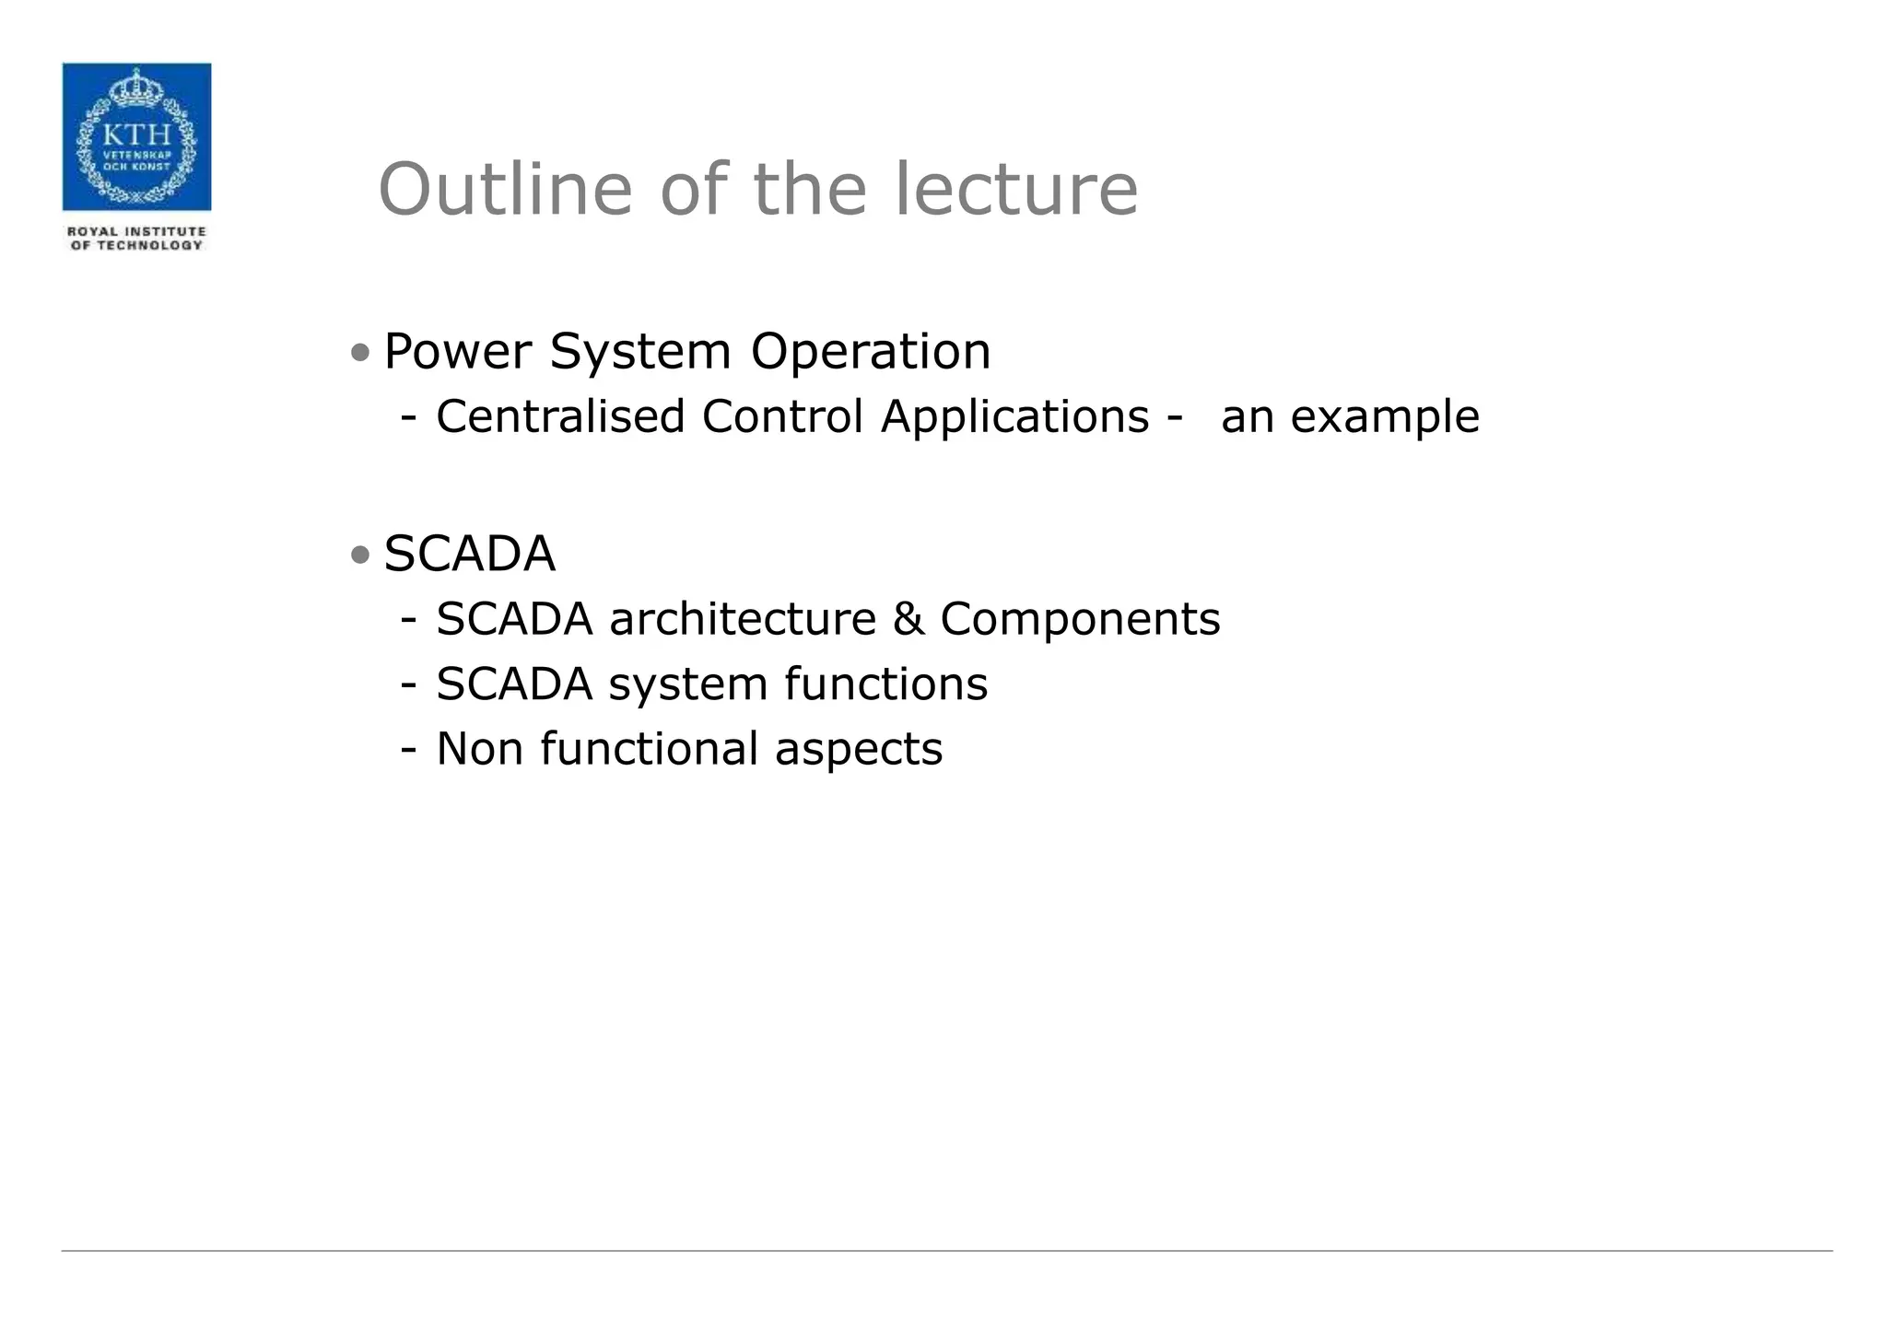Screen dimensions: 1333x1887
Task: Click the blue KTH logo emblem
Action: click(x=136, y=136)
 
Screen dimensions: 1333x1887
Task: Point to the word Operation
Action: click(x=871, y=352)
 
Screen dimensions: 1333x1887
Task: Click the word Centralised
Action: click(x=560, y=416)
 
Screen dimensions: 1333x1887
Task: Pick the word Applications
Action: click(x=1014, y=416)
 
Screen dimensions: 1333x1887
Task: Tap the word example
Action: click(x=1385, y=417)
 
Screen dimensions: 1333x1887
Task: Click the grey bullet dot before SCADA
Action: click(x=360, y=555)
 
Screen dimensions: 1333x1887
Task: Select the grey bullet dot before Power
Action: click(x=360, y=353)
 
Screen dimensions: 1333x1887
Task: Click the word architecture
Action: click(x=743, y=619)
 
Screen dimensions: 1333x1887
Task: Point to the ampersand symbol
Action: click(x=908, y=619)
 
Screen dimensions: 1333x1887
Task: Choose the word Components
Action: click(x=1080, y=619)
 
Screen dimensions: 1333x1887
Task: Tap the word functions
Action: click(x=886, y=684)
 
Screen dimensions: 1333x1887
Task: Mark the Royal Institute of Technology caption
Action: click(x=136, y=239)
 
